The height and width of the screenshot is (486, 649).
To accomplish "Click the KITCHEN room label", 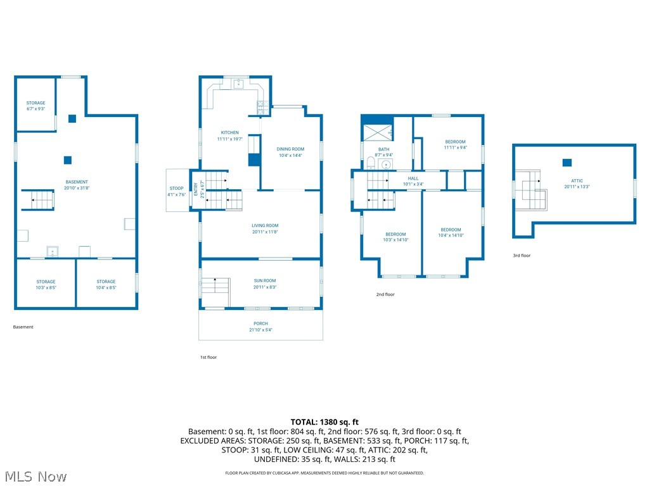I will point(229,135).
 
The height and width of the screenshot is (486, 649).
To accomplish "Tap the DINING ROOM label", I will point(290,152).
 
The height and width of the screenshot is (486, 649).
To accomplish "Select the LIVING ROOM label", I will point(265,228).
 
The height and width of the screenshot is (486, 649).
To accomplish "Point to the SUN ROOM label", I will point(265,283).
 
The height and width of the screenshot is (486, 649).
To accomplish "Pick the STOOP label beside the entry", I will point(177,191).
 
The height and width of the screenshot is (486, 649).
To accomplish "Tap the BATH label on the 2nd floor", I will point(384,152).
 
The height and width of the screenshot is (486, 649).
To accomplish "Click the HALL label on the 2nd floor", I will point(413,181).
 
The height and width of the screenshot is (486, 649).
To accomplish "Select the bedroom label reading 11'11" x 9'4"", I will point(455,144).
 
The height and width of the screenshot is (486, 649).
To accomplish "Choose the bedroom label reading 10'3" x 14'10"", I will point(395,237).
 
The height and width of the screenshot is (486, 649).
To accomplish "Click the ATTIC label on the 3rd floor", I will point(577,184).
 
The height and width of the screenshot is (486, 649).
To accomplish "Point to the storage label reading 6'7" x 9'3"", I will point(35,106).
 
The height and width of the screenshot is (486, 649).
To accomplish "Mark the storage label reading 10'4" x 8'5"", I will point(106,284).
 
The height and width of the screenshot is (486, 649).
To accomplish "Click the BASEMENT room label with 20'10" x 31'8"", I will point(77,185).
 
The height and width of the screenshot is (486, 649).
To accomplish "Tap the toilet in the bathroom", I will point(370,164).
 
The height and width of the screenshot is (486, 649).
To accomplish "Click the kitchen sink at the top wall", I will point(239,83).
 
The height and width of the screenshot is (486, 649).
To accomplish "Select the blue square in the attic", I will point(567,163).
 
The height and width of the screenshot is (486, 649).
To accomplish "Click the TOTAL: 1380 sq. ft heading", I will point(324,422).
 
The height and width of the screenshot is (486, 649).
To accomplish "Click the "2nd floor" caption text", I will point(385,294).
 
